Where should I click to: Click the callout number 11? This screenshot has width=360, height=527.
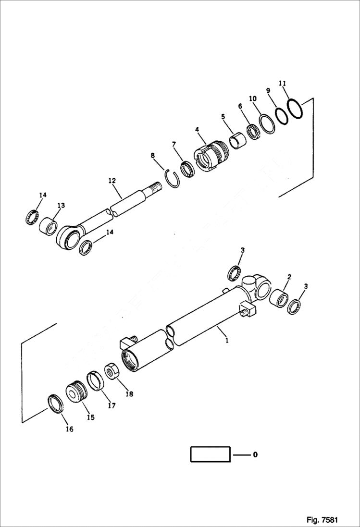point(283,83)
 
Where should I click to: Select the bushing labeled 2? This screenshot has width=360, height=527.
point(280,299)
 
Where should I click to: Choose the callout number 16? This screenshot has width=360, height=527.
point(69,429)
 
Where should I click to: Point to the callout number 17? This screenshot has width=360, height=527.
point(112,405)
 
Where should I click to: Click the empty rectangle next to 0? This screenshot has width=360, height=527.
point(210,454)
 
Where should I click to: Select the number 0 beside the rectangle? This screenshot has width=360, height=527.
point(255,454)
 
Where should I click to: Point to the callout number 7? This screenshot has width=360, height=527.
point(174,144)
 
